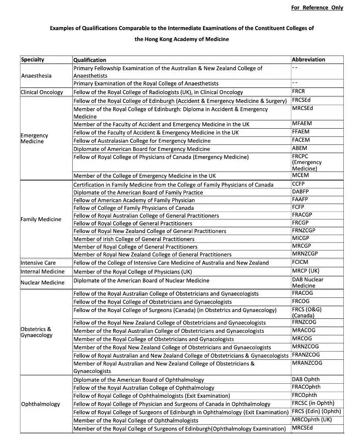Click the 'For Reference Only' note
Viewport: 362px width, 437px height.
317,7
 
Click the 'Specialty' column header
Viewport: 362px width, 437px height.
33,60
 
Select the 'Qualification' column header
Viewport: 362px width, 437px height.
90,60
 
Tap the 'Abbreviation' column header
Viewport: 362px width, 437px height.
308,60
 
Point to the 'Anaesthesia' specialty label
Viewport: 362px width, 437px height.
36,76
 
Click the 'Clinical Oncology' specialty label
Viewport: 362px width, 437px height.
42,92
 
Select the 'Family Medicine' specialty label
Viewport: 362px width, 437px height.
41,219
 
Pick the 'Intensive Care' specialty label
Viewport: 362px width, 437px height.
38,263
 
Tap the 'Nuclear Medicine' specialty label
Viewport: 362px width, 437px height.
42,283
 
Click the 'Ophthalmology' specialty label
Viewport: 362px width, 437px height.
40,404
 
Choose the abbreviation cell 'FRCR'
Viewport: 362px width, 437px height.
298,92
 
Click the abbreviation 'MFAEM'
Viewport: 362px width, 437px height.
302,123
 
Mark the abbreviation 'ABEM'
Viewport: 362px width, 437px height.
299,148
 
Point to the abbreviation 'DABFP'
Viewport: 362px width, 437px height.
300,192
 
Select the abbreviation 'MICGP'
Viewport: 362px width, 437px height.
301,239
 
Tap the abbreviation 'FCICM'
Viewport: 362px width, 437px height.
300,263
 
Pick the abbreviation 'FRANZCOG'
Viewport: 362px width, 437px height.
306,355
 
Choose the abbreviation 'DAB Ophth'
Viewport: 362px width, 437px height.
305,379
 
